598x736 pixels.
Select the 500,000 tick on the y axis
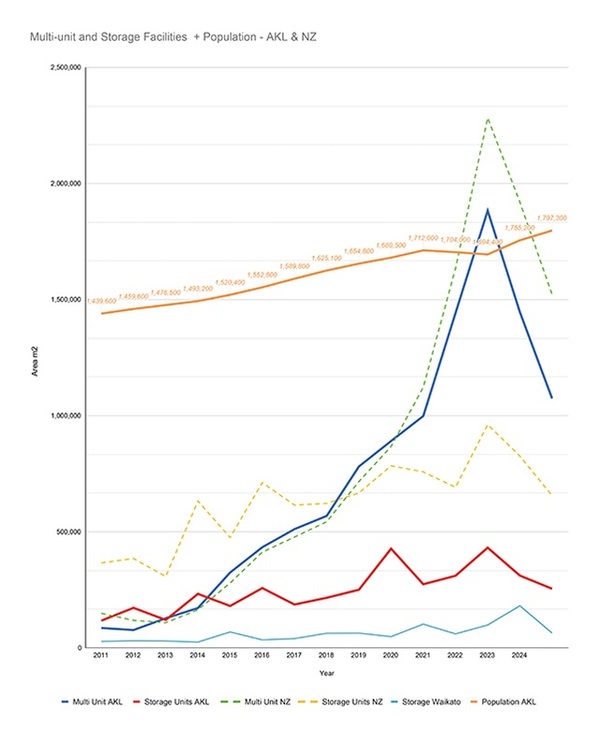pyautogui.click(x=66, y=531)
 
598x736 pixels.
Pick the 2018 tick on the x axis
pyautogui.click(x=326, y=657)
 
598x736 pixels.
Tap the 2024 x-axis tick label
pyautogui.click(x=519, y=657)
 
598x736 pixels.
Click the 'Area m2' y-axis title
pyautogui.click(x=33, y=358)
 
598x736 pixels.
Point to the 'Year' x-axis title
pyautogui.click(x=326, y=672)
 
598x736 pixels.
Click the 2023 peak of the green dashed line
pyautogui.click(x=487, y=119)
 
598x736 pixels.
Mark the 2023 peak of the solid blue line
pyautogui.click(x=487, y=209)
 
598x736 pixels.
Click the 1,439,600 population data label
pyautogui.click(x=101, y=301)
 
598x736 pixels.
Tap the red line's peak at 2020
pyautogui.click(x=391, y=548)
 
